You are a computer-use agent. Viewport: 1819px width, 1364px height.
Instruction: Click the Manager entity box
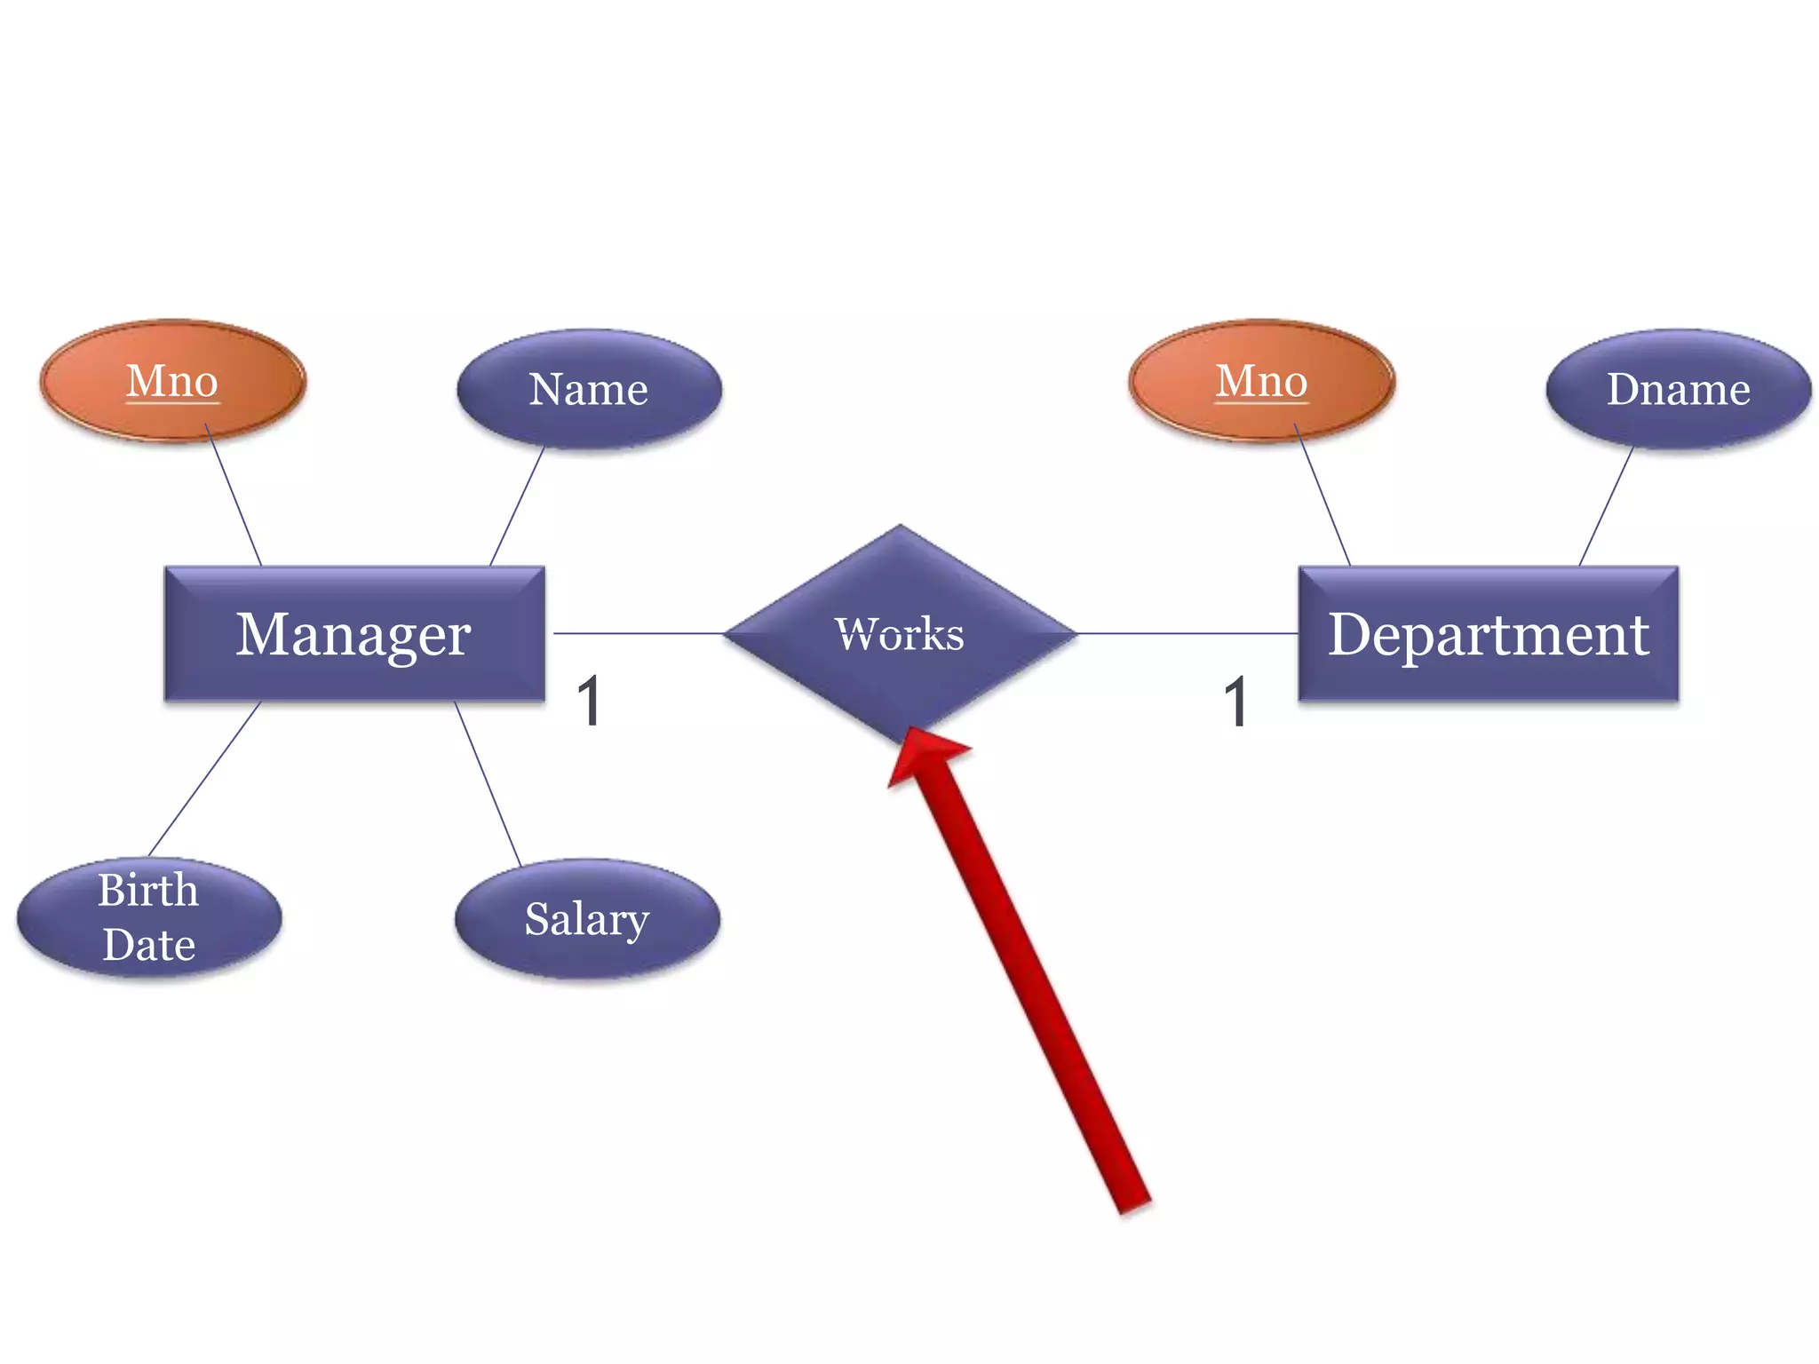pyautogui.click(x=354, y=634)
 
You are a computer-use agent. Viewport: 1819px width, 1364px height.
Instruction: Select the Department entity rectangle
pyautogui.click(x=1489, y=634)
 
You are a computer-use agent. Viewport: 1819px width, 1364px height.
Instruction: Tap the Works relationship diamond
pyautogui.click(x=900, y=634)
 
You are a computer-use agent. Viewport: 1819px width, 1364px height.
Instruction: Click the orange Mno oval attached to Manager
pyautogui.click(x=173, y=381)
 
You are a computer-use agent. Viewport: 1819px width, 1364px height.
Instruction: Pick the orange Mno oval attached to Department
pyautogui.click(x=1262, y=381)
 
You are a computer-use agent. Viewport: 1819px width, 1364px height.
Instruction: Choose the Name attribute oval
pyautogui.click(x=589, y=389)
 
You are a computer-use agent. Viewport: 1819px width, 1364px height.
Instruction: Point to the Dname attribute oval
pyautogui.click(x=1679, y=389)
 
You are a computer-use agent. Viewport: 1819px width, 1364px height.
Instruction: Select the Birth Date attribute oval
pyautogui.click(x=149, y=917)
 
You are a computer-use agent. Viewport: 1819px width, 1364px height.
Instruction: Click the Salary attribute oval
pyautogui.click(x=587, y=918)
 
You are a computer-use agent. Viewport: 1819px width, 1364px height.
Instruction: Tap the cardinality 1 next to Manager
pyautogui.click(x=589, y=702)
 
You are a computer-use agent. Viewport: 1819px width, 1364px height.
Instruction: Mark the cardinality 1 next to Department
pyautogui.click(x=1235, y=702)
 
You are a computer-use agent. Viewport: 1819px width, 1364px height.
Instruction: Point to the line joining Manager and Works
pyautogui.click(x=638, y=633)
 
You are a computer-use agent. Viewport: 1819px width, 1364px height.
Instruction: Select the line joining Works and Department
pyautogui.click(x=1187, y=633)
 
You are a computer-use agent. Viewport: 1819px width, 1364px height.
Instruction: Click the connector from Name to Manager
pyautogui.click(x=517, y=506)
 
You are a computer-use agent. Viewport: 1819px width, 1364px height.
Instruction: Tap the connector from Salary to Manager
pyautogui.click(x=488, y=783)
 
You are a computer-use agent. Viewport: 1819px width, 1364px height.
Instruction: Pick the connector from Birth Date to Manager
pyautogui.click(x=205, y=778)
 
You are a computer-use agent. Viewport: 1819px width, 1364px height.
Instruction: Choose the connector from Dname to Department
pyautogui.click(x=1606, y=506)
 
